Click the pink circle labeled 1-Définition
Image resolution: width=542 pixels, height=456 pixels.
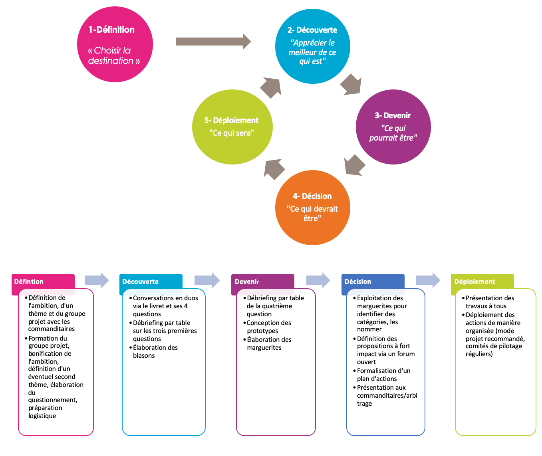coord(115,44)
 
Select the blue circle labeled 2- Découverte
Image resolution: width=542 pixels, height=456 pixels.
coord(312,46)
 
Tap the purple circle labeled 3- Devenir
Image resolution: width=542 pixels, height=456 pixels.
coord(393,127)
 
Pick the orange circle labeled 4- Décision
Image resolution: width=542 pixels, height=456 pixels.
coord(312,208)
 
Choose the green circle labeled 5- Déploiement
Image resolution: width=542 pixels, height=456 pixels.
coord(232,127)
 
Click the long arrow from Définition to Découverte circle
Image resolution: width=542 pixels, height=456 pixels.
coord(213,42)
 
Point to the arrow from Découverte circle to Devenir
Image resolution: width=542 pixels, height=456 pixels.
coord(351,85)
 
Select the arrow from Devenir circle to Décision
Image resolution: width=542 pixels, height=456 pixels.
coord(354,165)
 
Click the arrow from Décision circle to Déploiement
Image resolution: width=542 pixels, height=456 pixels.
coord(274,169)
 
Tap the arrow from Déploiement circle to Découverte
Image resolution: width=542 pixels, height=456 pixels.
coord(271,87)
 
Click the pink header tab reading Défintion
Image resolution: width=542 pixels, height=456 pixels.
coord(43,282)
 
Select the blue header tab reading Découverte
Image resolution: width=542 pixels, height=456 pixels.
coord(151,282)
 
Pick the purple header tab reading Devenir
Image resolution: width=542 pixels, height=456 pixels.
coord(263,282)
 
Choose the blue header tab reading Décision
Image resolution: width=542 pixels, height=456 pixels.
coord(373,282)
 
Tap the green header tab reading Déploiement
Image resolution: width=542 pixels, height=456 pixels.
coord(482,282)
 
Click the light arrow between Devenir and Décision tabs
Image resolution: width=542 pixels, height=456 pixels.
coord(318,280)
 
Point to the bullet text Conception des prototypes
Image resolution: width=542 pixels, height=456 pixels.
coord(268,327)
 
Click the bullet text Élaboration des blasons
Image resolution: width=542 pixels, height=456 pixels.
coord(155,351)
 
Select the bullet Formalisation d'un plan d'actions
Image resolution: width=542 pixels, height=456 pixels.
coord(383,375)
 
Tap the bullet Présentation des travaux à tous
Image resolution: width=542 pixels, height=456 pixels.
coord(490,302)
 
